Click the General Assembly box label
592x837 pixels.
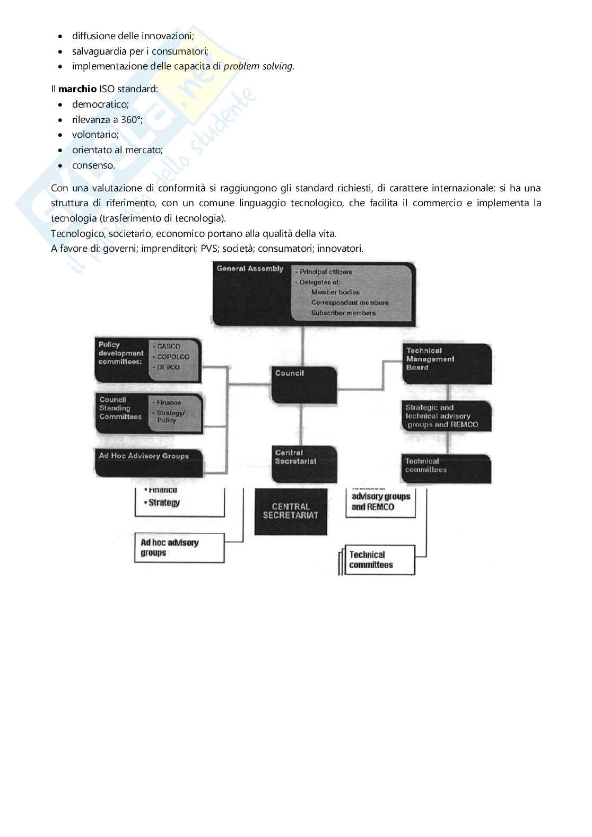pos(250,269)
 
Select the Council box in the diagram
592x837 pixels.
pos(304,384)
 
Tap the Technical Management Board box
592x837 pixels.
pos(447,363)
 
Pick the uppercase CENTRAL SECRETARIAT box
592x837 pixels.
pos(291,511)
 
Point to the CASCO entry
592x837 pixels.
pos(169,346)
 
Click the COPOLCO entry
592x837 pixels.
pos(173,357)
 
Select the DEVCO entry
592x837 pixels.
pos(169,367)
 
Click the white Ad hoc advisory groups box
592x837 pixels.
pos(179,548)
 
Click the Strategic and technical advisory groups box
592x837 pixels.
pos(447,416)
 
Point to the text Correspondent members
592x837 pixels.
pos(350,303)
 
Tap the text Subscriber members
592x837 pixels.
pos(343,313)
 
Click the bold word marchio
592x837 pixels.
pos(77,89)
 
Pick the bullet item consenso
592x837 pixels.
pos(93,165)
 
